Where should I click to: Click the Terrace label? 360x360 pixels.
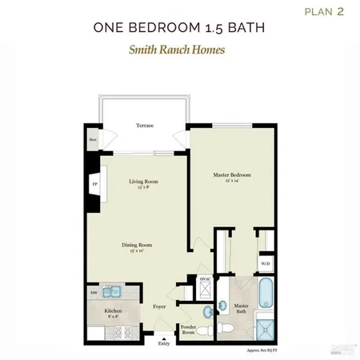(x=144, y=126)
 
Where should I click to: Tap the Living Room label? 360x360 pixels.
(x=144, y=182)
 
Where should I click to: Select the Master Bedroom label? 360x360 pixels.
(x=230, y=175)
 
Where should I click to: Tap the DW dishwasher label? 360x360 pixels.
(x=94, y=293)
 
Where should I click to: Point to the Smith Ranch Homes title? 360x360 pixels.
(x=178, y=50)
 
